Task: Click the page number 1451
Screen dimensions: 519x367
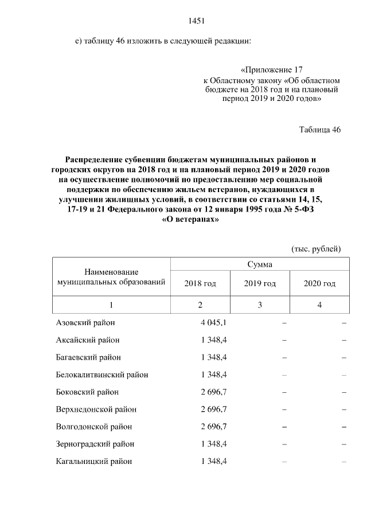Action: point(197,21)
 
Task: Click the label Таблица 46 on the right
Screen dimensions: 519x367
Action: point(320,130)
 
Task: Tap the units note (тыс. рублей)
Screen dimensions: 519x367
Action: point(316,248)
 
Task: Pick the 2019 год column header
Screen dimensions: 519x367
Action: point(260,283)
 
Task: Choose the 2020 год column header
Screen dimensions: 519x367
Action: point(319,283)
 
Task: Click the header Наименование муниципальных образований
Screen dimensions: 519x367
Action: point(112,276)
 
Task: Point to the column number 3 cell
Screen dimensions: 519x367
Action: point(260,305)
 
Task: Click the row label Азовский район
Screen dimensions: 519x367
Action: point(85,322)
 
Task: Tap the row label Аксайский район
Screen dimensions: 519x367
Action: point(88,340)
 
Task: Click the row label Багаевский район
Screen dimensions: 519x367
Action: point(88,357)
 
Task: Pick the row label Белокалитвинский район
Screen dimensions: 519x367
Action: point(102,374)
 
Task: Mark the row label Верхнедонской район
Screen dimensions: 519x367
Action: point(96,409)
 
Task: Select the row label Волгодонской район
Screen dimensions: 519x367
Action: point(94,427)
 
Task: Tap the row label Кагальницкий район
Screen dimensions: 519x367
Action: point(94,461)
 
